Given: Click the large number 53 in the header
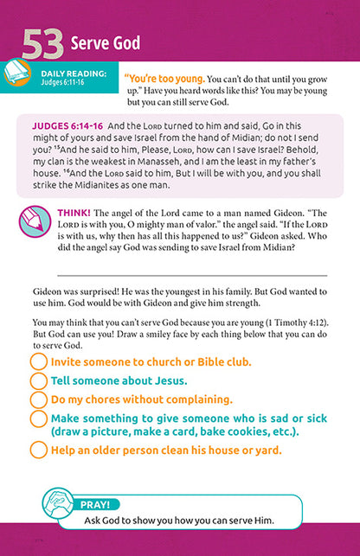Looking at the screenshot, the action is (x=41, y=44).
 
